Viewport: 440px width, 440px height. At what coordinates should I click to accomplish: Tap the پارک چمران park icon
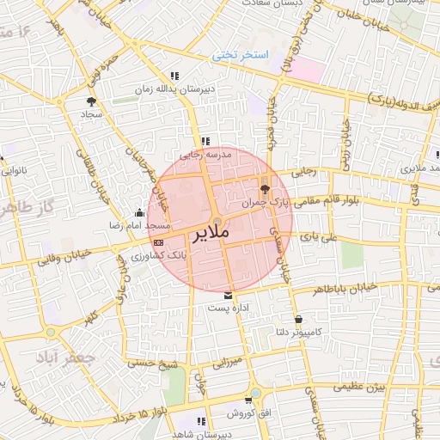[263, 188]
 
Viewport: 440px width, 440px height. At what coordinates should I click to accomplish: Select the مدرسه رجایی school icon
[205, 141]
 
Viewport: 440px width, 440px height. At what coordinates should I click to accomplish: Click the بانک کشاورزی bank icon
[157, 242]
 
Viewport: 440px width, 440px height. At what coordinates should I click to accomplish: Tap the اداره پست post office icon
[227, 295]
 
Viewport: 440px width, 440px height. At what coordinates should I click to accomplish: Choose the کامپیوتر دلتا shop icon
[297, 319]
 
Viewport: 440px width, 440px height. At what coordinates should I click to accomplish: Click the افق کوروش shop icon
[248, 400]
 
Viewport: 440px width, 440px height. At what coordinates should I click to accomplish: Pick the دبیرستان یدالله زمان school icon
[175, 76]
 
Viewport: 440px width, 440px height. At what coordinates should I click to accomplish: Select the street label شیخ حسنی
[153, 364]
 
